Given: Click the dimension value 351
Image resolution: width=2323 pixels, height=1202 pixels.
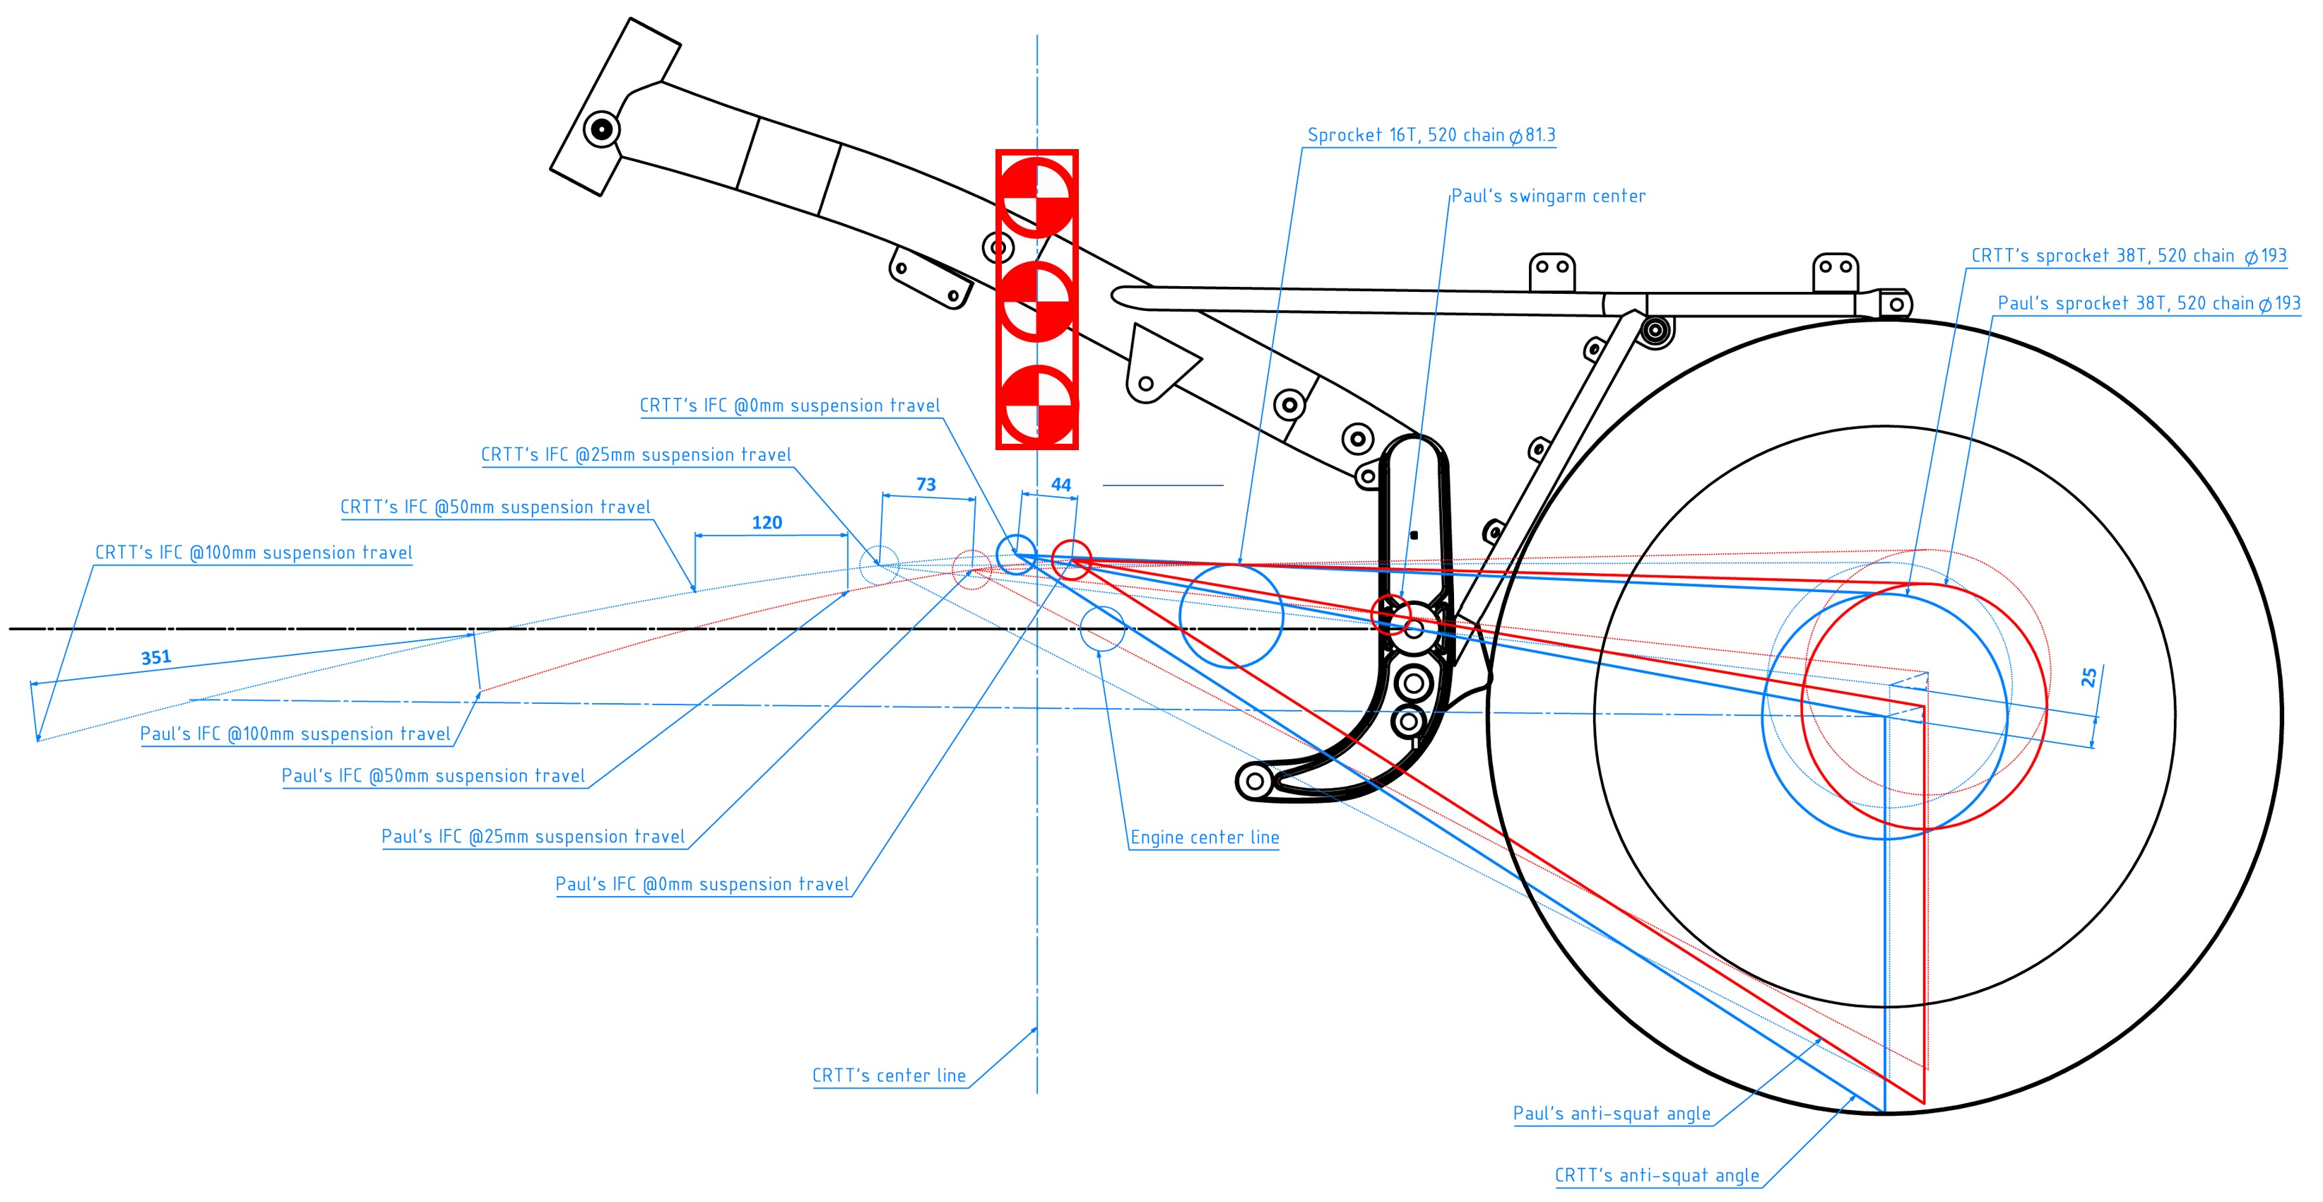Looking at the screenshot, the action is click(x=156, y=657).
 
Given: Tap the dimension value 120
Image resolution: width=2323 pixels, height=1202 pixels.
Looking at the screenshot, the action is click(x=767, y=523).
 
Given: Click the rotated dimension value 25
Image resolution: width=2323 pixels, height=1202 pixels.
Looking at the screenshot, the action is click(x=2088, y=677).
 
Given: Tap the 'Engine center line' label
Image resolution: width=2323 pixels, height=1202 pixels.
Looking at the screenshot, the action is click(x=1205, y=837).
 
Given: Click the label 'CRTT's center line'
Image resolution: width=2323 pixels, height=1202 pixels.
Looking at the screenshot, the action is click(x=889, y=1076).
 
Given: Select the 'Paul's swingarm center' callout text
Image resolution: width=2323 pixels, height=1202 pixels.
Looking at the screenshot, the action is click(x=1549, y=196).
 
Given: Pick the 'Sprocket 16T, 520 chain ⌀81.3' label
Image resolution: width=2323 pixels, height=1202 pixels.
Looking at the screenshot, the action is click(x=1432, y=135).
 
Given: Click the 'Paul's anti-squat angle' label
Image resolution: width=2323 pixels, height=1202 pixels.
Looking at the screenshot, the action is click(x=1612, y=1114).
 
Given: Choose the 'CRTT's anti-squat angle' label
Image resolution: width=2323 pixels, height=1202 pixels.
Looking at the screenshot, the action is click(x=1657, y=1176).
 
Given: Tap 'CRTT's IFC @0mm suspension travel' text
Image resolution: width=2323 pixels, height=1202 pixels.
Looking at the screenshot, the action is click(x=790, y=406).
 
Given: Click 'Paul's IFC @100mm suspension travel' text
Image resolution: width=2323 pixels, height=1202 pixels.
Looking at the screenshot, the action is click(x=295, y=734).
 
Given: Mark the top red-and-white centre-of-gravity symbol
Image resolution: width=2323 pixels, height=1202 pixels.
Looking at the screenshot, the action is click(x=1037, y=197).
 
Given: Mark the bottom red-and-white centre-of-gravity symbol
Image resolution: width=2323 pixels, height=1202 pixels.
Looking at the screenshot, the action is click(x=1037, y=405).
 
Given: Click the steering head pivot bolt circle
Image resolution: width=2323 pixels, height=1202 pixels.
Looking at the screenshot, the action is click(x=601, y=129).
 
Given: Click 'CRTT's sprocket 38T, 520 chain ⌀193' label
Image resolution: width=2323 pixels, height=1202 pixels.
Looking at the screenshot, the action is click(x=2129, y=256).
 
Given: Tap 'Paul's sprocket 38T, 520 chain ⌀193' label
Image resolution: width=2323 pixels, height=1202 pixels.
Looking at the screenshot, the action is click(x=2149, y=304).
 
